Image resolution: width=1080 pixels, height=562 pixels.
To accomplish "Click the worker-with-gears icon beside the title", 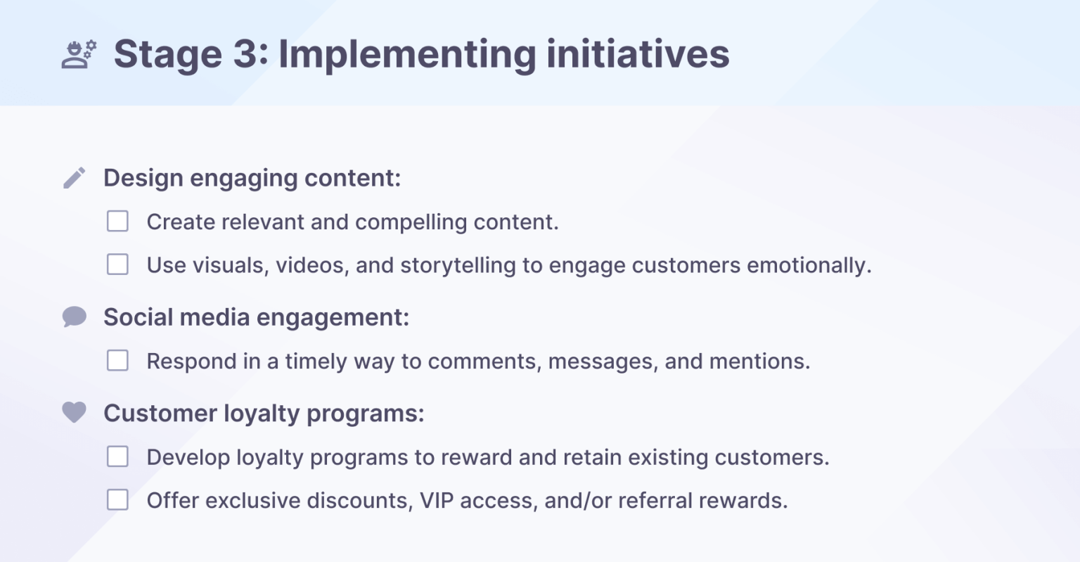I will (79, 54).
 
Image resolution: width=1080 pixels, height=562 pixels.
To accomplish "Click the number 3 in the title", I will (246, 54).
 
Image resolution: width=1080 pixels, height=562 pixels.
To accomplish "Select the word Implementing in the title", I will (407, 55).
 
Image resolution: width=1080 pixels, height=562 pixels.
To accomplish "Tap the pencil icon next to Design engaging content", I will (75, 178).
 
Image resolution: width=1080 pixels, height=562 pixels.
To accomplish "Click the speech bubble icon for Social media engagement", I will (75, 317).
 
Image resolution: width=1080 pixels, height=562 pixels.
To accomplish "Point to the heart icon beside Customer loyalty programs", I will (75, 412).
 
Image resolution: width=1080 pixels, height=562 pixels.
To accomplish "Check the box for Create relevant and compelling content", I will (117, 222).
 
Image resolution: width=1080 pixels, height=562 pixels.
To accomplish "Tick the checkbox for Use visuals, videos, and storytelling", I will (117, 264).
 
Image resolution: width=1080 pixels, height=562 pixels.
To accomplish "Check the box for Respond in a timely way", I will (117, 361).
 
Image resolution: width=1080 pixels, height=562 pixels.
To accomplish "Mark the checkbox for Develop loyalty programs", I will (117, 456).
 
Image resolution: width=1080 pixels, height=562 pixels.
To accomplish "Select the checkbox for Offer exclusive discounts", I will (117, 500).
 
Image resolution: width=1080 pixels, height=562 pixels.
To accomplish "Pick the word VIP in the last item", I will (437, 501).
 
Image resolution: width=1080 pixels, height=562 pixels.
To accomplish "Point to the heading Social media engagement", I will (256, 318).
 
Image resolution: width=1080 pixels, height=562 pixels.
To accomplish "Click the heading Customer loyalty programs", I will (264, 414).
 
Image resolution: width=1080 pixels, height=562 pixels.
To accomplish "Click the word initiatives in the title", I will (638, 54).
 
